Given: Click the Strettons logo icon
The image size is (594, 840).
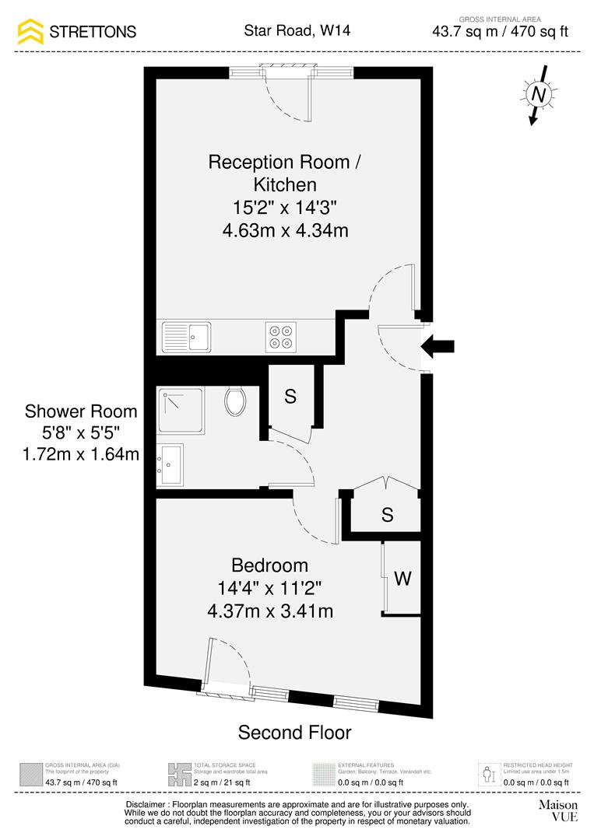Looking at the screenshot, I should pyautogui.click(x=31, y=32).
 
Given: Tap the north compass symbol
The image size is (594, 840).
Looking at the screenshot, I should pyautogui.click(x=537, y=95).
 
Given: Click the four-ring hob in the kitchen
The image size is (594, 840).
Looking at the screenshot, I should pyautogui.click(x=281, y=336).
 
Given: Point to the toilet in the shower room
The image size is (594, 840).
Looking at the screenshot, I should pyautogui.click(x=235, y=401).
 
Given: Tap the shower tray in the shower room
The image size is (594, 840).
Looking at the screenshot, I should pyautogui.click(x=181, y=411).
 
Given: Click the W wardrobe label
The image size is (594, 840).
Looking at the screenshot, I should pyautogui.click(x=402, y=579).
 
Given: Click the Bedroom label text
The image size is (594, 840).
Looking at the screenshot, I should pyautogui.click(x=269, y=565).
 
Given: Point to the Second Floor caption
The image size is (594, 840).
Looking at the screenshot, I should pyautogui.click(x=294, y=733).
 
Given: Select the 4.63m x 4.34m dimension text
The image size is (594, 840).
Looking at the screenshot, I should pyautogui.click(x=285, y=230).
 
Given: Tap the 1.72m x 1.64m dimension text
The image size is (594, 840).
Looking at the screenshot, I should pyautogui.click(x=81, y=454).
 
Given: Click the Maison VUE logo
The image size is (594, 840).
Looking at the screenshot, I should pyautogui.click(x=558, y=810).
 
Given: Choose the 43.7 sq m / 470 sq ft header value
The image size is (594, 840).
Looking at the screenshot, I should pyautogui.click(x=501, y=32).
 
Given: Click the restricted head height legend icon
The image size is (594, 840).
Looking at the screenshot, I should pyautogui.click(x=488, y=774).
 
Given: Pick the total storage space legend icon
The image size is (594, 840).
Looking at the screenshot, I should pyautogui.click(x=180, y=774).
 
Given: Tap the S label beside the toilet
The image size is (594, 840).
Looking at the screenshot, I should pyautogui.click(x=290, y=397).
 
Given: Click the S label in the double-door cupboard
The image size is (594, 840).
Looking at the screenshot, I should pyautogui.click(x=387, y=514).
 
